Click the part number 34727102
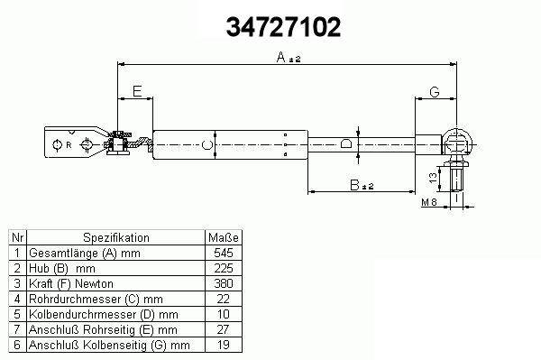283,27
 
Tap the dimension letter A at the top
281,57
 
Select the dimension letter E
137,91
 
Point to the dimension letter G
435,92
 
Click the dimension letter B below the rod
354,185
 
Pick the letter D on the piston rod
346,143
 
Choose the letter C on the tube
207,145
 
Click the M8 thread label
429,202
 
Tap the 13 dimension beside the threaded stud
433,178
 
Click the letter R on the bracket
69,145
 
